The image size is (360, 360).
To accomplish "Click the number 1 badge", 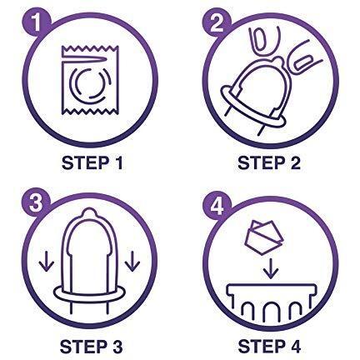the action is (x=37, y=22).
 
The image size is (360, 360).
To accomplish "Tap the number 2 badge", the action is (x=217, y=22).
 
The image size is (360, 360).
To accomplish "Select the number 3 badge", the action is (x=36, y=203).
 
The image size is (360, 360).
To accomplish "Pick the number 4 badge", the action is (x=217, y=206).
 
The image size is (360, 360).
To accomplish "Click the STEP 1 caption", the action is (x=92, y=162).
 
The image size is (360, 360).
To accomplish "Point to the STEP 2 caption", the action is (x=269, y=162).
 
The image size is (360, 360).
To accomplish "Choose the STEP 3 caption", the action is (x=91, y=347).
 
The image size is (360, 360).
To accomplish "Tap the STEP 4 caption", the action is (x=269, y=347).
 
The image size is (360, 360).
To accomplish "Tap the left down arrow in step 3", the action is (x=46, y=262).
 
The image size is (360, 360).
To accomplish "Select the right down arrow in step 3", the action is (x=132, y=261).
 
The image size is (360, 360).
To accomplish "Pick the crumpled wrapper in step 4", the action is (x=263, y=237).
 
